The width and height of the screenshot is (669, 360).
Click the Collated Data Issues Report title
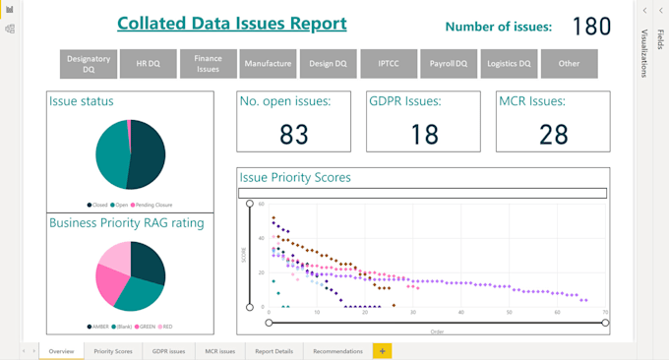(231, 24)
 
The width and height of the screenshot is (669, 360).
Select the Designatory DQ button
(89, 64)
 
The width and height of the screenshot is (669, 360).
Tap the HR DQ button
(148, 64)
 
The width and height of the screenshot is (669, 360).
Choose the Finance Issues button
(208, 64)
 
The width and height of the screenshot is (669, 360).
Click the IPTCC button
(389, 64)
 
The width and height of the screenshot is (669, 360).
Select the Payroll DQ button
(449, 64)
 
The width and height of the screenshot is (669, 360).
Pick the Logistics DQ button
(509, 64)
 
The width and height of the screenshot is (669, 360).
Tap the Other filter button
(569, 64)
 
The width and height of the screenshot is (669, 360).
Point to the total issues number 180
(591, 27)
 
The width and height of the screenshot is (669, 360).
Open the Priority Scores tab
(113, 351)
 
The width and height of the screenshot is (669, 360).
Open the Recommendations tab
(337, 351)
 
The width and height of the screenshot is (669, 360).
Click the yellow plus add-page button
(383, 351)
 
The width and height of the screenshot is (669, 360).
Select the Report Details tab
(274, 351)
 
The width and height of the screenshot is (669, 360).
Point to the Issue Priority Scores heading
(295, 178)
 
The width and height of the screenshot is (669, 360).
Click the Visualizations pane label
(645, 53)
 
